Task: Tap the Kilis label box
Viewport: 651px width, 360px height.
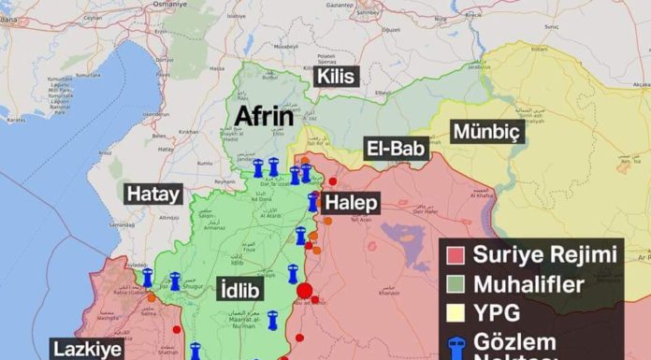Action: coord(337,76)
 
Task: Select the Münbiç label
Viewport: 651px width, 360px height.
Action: coord(486,132)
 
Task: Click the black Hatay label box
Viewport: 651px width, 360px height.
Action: coord(152,194)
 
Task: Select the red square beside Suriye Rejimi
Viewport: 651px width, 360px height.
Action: coord(456,253)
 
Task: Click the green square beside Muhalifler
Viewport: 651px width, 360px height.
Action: coord(456,283)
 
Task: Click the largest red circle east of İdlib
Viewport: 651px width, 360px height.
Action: coord(304,291)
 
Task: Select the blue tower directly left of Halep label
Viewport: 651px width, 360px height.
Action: coord(314,201)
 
